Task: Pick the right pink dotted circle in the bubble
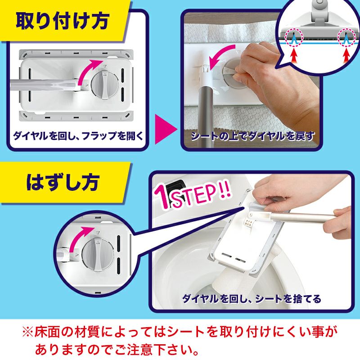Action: [x=346, y=36]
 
